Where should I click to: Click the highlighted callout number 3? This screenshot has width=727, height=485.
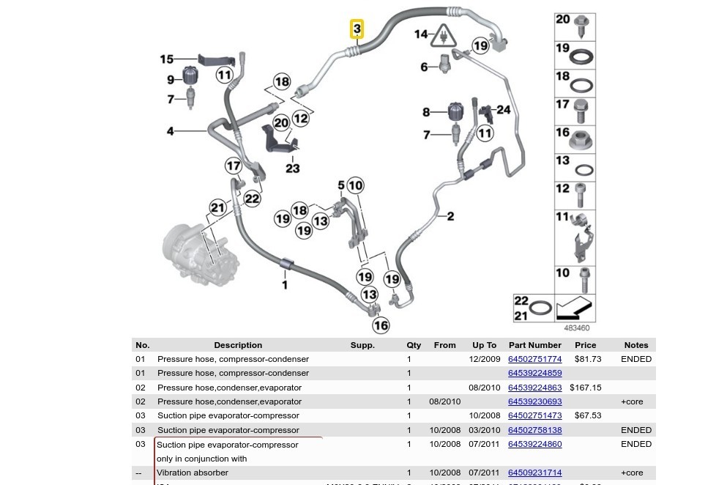pos(357,29)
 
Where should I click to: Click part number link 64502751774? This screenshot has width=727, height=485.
pos(534,359)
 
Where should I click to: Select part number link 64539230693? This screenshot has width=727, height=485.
pos(534,401)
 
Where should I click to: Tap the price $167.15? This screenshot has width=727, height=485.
pos(585,388)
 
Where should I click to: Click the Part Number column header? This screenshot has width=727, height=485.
pos(534,345)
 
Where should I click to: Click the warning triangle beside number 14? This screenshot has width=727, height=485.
pos(444,34)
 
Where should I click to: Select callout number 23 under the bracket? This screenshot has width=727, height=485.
pos(292,169)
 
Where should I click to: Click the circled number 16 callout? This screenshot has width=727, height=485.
pos(381,325)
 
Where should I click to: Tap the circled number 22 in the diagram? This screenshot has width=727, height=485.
pos(252,199)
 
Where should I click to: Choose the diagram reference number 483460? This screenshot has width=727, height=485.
pos(576,328)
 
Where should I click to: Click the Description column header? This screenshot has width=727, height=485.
pos(238,345)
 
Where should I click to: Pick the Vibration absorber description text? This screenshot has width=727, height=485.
pos(193,473)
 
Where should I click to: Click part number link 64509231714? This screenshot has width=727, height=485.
pos(534,473)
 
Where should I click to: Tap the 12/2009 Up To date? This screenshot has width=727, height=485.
pos(484,359)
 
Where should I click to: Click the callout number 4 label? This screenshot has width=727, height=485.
pos(170,131)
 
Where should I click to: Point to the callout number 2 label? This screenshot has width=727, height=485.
pos(450,216)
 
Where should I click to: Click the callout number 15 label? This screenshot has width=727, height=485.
pos(167,59)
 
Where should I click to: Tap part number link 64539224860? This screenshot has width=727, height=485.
pos(534,444)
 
